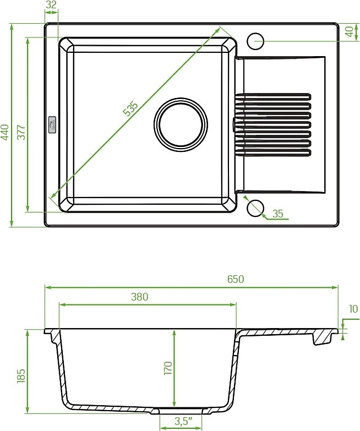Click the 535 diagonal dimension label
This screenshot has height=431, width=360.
coord(130,109)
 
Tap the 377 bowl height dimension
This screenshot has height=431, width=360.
coord(21,132)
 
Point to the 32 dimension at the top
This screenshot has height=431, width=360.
coord(51,4)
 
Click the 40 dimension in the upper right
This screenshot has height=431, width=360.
coord(350,31)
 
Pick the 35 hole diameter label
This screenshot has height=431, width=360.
coord(278,214)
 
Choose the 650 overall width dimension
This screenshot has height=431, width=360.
coord(236,279)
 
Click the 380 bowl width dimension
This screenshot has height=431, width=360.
coord(140,297)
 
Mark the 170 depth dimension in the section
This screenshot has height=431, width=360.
coord(168,368)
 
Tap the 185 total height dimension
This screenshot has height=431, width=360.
coord(21,376)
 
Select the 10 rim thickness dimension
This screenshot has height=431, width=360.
coord(354,309)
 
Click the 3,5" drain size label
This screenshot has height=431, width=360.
coord(183,421)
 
